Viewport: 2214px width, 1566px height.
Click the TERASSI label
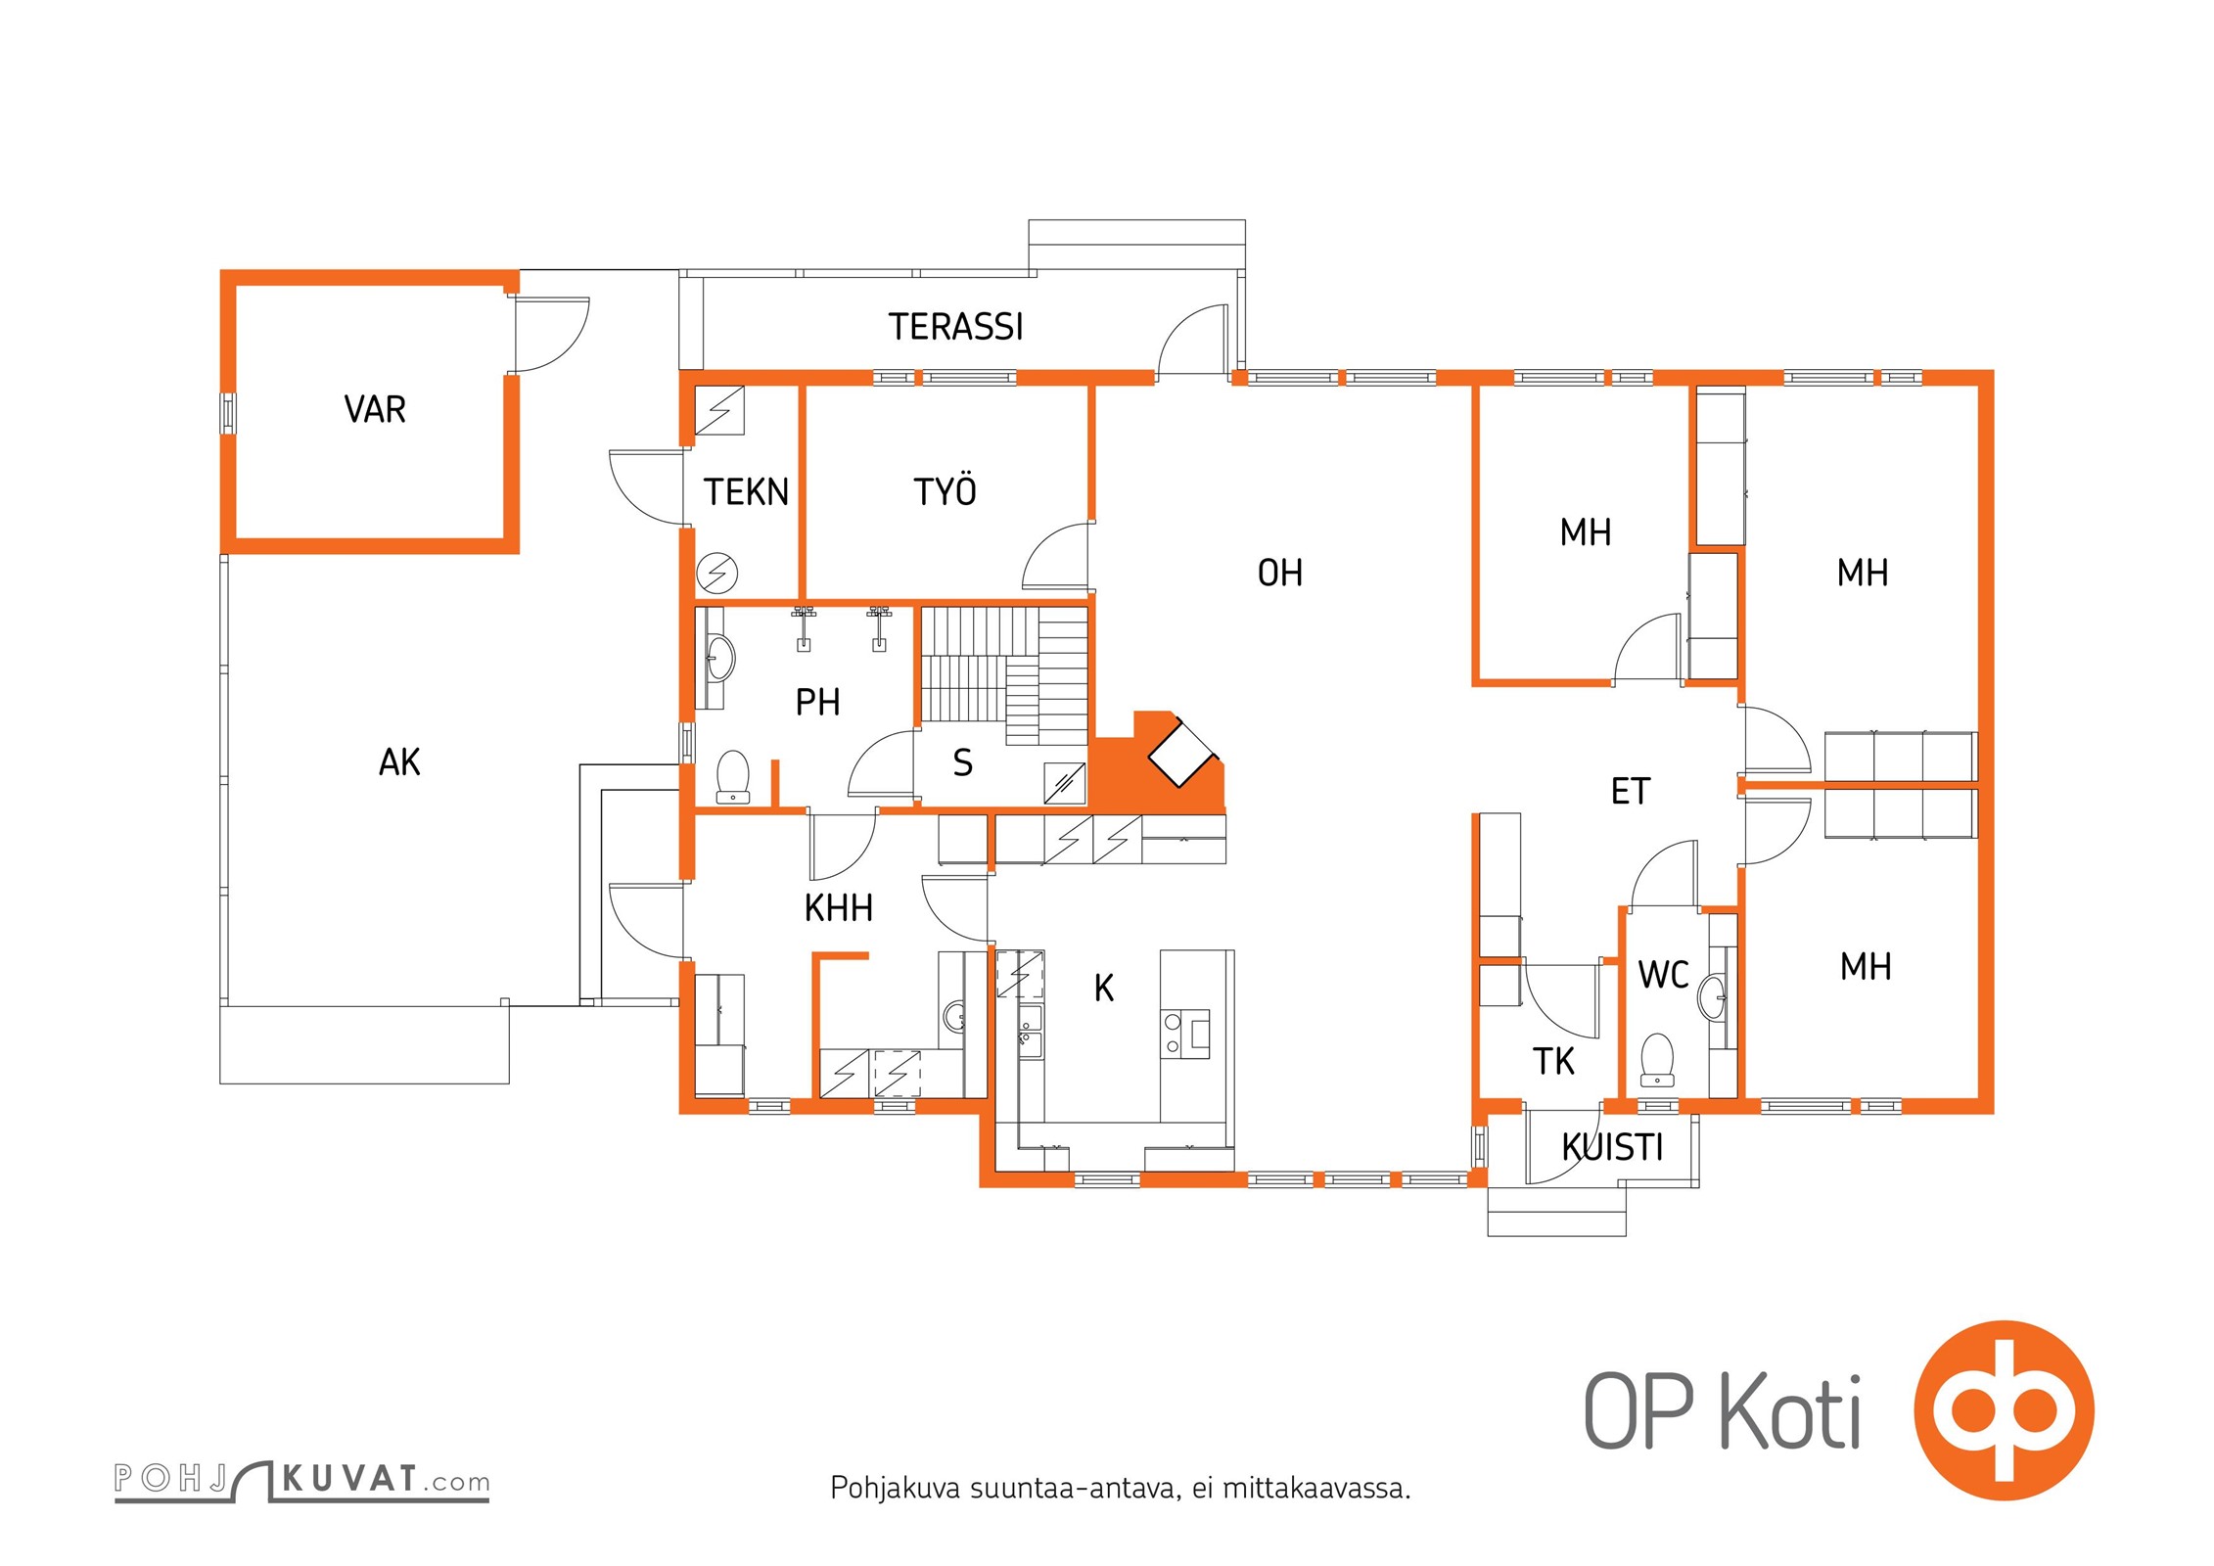coord(955,327)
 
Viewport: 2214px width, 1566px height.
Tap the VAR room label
coord(375,409)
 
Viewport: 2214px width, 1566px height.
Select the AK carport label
coord(399,761)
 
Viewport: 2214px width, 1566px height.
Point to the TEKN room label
coord(746,491)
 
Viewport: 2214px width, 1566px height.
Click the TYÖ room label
coord(945,490)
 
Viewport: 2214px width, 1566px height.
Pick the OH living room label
coord(1280,573)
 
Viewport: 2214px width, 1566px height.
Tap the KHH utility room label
coord(839,908)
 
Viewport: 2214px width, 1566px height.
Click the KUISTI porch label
coord(1612,1147)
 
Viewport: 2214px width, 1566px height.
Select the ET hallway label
coord(1631,791)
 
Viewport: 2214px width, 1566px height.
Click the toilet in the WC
coord(1657,1059)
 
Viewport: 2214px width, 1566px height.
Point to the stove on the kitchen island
coord(1185,1035)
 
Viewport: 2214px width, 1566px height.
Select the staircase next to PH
coord(1004,675)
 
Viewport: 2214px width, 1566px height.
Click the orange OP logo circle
coord(2004,1409)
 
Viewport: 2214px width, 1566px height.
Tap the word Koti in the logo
coord(1790,1411)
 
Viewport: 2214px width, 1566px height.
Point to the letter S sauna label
coord(963,762)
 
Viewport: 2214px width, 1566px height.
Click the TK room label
coord(1553,1061)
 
